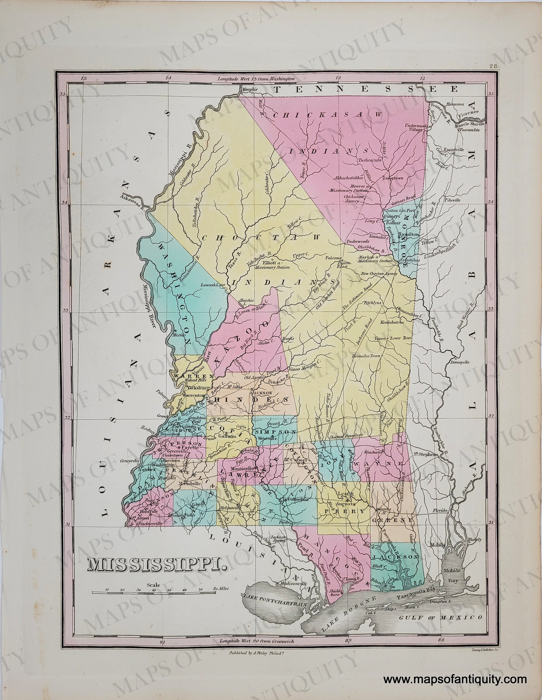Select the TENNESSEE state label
[365, 89]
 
